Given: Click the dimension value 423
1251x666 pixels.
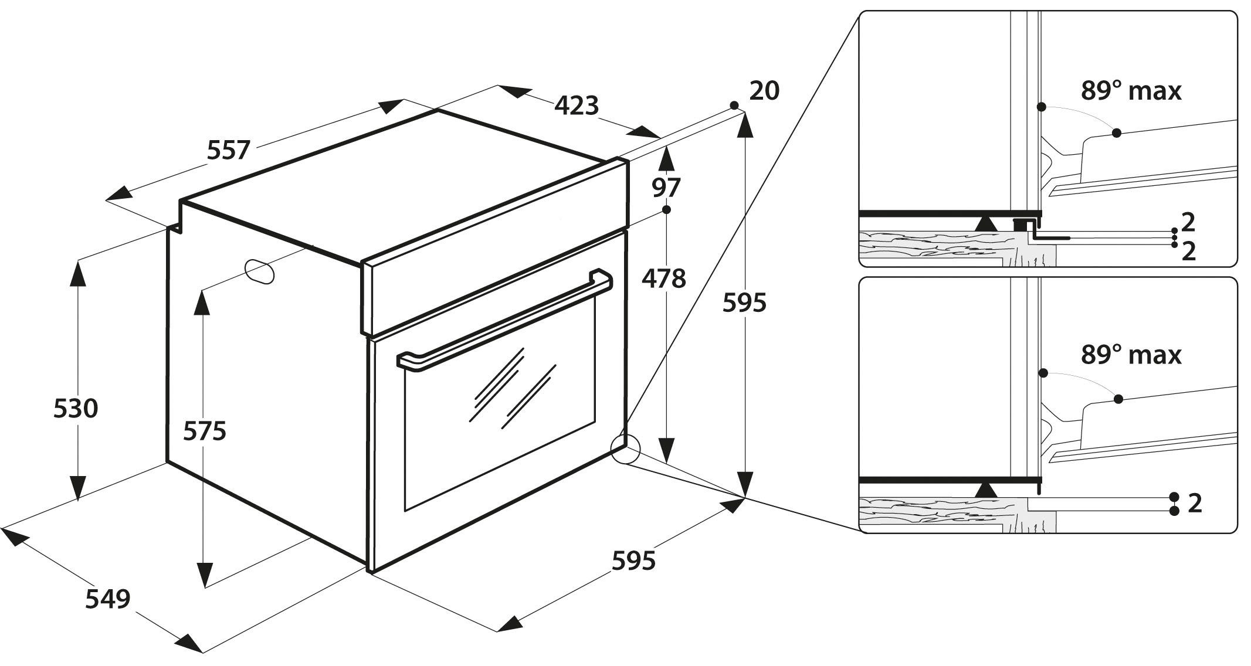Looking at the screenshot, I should pyautogui.click(x=577, y=106).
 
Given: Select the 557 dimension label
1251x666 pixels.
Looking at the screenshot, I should pyautogui.click(x=229, y=150).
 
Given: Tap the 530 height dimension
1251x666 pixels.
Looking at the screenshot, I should pyautogui.click(x=76, y=408).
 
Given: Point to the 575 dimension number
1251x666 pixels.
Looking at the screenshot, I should pyautogui.click(x=205, y=431).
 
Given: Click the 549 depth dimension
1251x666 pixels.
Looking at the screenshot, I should pyautogui.click(x=108, y=599).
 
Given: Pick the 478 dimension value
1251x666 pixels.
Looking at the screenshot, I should pyautogui.click(x=663, y=278).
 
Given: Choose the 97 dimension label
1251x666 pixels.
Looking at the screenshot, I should pyautogui.click(x=666, y=188).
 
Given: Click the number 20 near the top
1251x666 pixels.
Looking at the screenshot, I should pyautogui.click(x=764, y=91).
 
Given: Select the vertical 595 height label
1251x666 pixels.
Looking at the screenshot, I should pyautogui.click(x=744, y=303).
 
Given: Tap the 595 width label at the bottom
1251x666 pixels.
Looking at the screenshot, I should pyautogui.click(x=633, y=561).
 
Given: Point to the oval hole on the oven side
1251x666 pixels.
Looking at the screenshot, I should pyautogui.click(x=259, y=271).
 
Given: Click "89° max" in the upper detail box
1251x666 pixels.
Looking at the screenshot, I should pyautogui.click(x=1131, y=91).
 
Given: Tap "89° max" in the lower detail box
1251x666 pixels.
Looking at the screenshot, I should pyautogui.click(x=1131, y=355).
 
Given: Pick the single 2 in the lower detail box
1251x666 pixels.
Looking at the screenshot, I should pyautogui.click(x=1195, y=503).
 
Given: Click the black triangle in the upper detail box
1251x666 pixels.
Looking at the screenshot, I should pyautogui.click(x=986, y=223).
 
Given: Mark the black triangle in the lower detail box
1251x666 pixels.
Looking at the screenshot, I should pyautogui.click(x=986, y=489).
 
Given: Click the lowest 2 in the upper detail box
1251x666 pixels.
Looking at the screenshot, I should pyautogui.click(x=1189, y=251).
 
